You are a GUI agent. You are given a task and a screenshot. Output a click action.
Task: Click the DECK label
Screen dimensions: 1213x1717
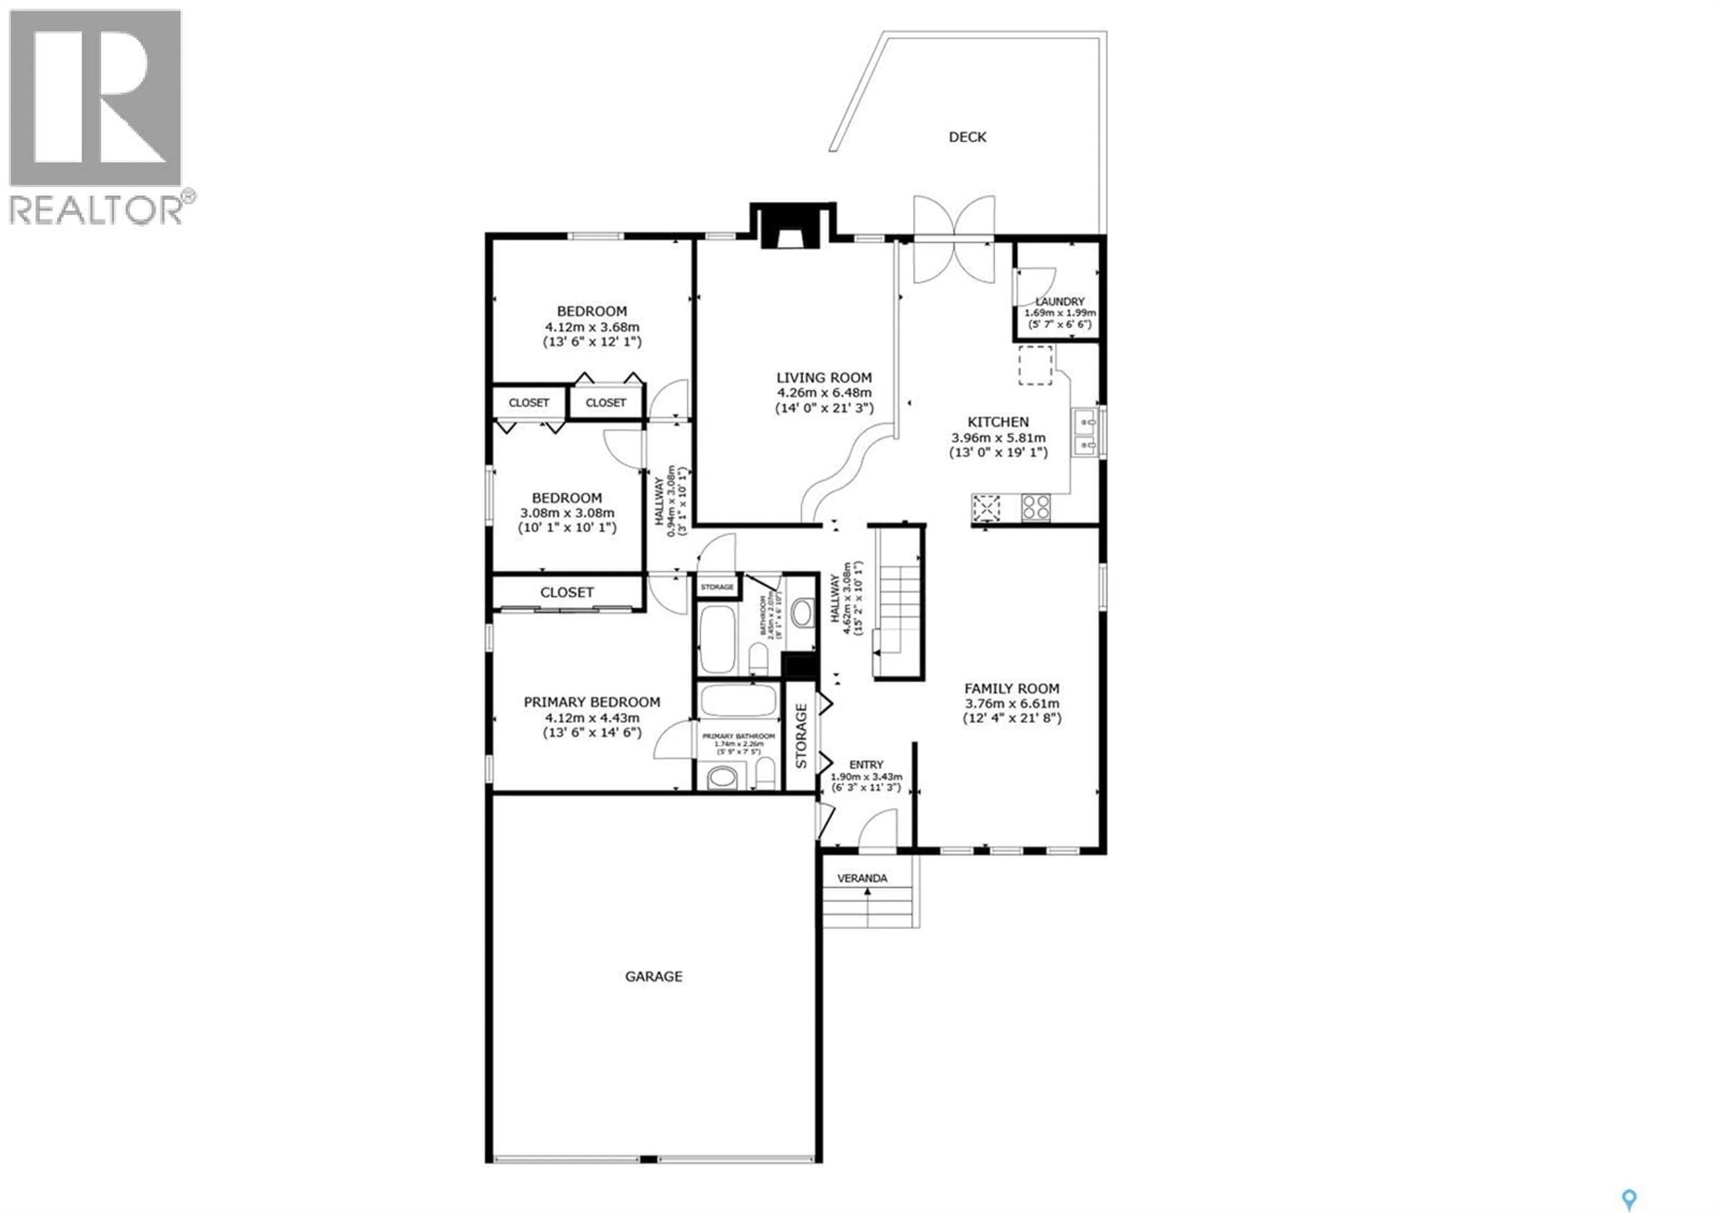click(x=967, y=137)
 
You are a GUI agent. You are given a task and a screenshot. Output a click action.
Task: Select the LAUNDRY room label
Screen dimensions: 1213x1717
click(x=1060, y=301)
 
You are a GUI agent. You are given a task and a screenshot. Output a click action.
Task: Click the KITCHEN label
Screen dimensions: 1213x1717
click(x=998, y=422)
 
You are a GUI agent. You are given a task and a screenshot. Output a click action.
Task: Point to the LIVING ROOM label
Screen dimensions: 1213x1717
click(x=823, y=377)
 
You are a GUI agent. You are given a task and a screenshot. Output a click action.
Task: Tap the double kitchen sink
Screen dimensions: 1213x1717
click(x=1085, y=433)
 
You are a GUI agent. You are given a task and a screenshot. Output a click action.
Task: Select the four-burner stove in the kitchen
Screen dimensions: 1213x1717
click(x=1036, y=507)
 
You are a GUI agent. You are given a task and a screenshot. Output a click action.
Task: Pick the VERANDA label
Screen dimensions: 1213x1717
click(x=862, y=878)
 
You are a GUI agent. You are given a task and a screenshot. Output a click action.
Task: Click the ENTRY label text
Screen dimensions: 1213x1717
click(x=866, y=764)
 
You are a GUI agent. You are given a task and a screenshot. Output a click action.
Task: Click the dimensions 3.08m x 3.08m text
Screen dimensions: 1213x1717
click(x=567, y=513)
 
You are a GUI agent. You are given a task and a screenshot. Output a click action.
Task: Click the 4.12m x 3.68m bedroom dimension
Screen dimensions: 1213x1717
click(x=592, y=327)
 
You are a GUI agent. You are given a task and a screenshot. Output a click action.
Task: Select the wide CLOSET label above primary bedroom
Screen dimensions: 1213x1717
click(x=567, y=592)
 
